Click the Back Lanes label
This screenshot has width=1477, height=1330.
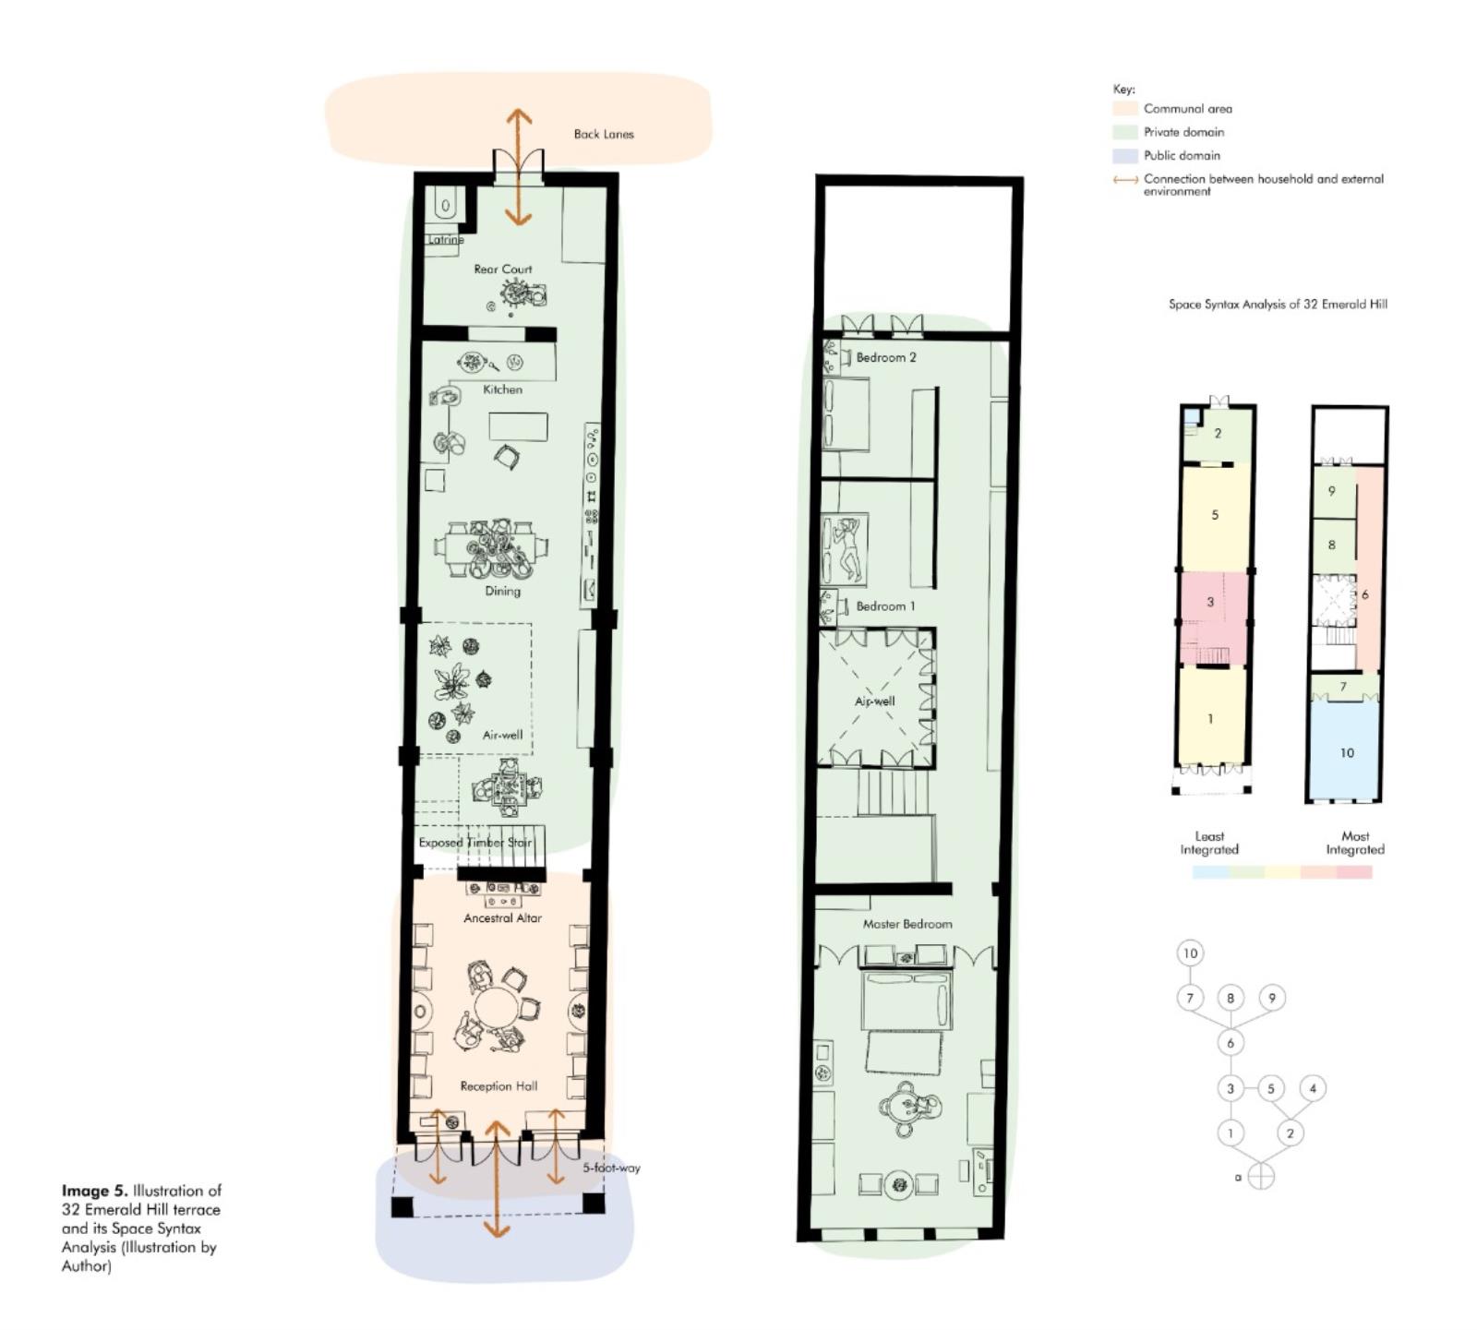coord(604,134)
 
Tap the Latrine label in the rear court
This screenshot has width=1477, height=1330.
coord(446,240)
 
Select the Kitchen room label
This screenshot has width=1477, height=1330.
coord(502,389)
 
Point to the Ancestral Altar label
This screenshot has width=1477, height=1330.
coord(502,918)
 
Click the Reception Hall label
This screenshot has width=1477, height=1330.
coord(498,1086)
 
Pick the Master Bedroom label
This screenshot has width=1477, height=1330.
coord(907,924)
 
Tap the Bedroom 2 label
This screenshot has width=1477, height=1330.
coord(886,357)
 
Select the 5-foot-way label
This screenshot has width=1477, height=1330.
coord(611,1168)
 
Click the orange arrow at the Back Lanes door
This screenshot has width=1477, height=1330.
coord(518,167)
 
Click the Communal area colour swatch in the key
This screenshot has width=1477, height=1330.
coord(1125,109)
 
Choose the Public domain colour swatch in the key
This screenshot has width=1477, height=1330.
coord(1125,156)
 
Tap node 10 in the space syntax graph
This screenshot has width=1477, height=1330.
coord(1190,953)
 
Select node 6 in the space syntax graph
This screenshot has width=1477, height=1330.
coord(1230,1043)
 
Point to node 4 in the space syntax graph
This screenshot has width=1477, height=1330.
coord(1313,1088)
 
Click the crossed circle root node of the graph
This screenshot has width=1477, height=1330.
coord(1261,1177)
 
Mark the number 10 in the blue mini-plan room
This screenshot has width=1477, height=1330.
coord(1347,753)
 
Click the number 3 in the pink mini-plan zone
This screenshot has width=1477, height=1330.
coord(1210,602)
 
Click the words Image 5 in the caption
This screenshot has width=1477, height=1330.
coord(95,1191)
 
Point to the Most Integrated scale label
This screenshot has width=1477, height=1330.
coord(1355,843)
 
